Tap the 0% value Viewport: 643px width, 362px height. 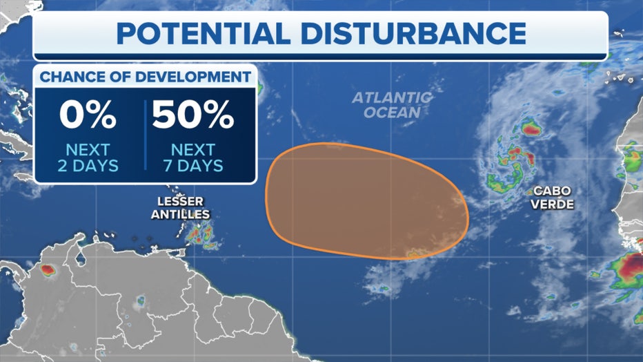[x=88, y=116]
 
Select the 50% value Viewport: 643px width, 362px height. [x=193, y=116]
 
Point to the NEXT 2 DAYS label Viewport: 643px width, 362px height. [x=88, y=157]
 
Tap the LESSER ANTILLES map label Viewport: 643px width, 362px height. [x=181, y=208]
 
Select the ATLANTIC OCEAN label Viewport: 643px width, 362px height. [x=392, y=104]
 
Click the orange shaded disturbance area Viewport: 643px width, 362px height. [x=366, y=200]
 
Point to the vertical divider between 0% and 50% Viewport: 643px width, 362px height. [x=145, y=135]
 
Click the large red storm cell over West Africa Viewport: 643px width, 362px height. [x=629, y=266]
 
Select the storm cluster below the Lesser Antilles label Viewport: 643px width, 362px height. [x=201, y=235]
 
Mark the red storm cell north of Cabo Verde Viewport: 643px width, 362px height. [x=530, y=128]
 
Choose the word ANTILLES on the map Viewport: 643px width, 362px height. [x=181, y=214]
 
